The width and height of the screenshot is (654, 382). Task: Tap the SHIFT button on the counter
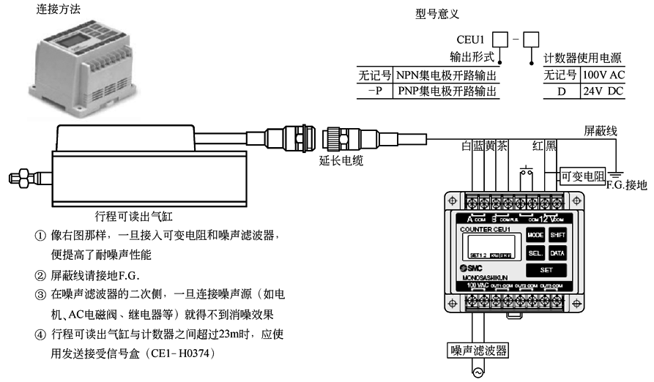558,235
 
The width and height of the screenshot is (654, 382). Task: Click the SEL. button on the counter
535,253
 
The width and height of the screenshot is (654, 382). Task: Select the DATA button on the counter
558,253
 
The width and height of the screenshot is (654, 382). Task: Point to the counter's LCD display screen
489,246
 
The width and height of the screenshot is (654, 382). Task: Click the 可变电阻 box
581,176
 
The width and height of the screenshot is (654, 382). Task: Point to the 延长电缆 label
341,159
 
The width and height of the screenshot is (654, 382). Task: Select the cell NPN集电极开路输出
446,75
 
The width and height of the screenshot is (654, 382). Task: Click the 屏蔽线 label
601,131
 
